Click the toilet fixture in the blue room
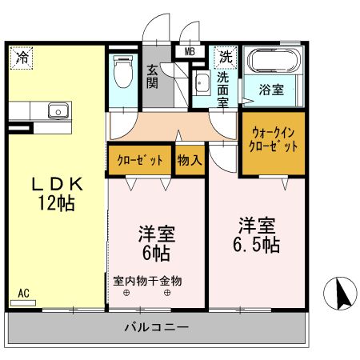tap(123, 72)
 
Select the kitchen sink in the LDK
tap(58, 110)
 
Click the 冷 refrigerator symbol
tap(22, 58)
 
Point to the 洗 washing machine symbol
tap(226, 57)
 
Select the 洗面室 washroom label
tap(224, 86)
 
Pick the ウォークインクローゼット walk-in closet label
tap(274, 141)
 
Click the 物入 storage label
tap(189, 160)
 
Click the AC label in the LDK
tap(24, 294)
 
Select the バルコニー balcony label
tap(156, 328)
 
